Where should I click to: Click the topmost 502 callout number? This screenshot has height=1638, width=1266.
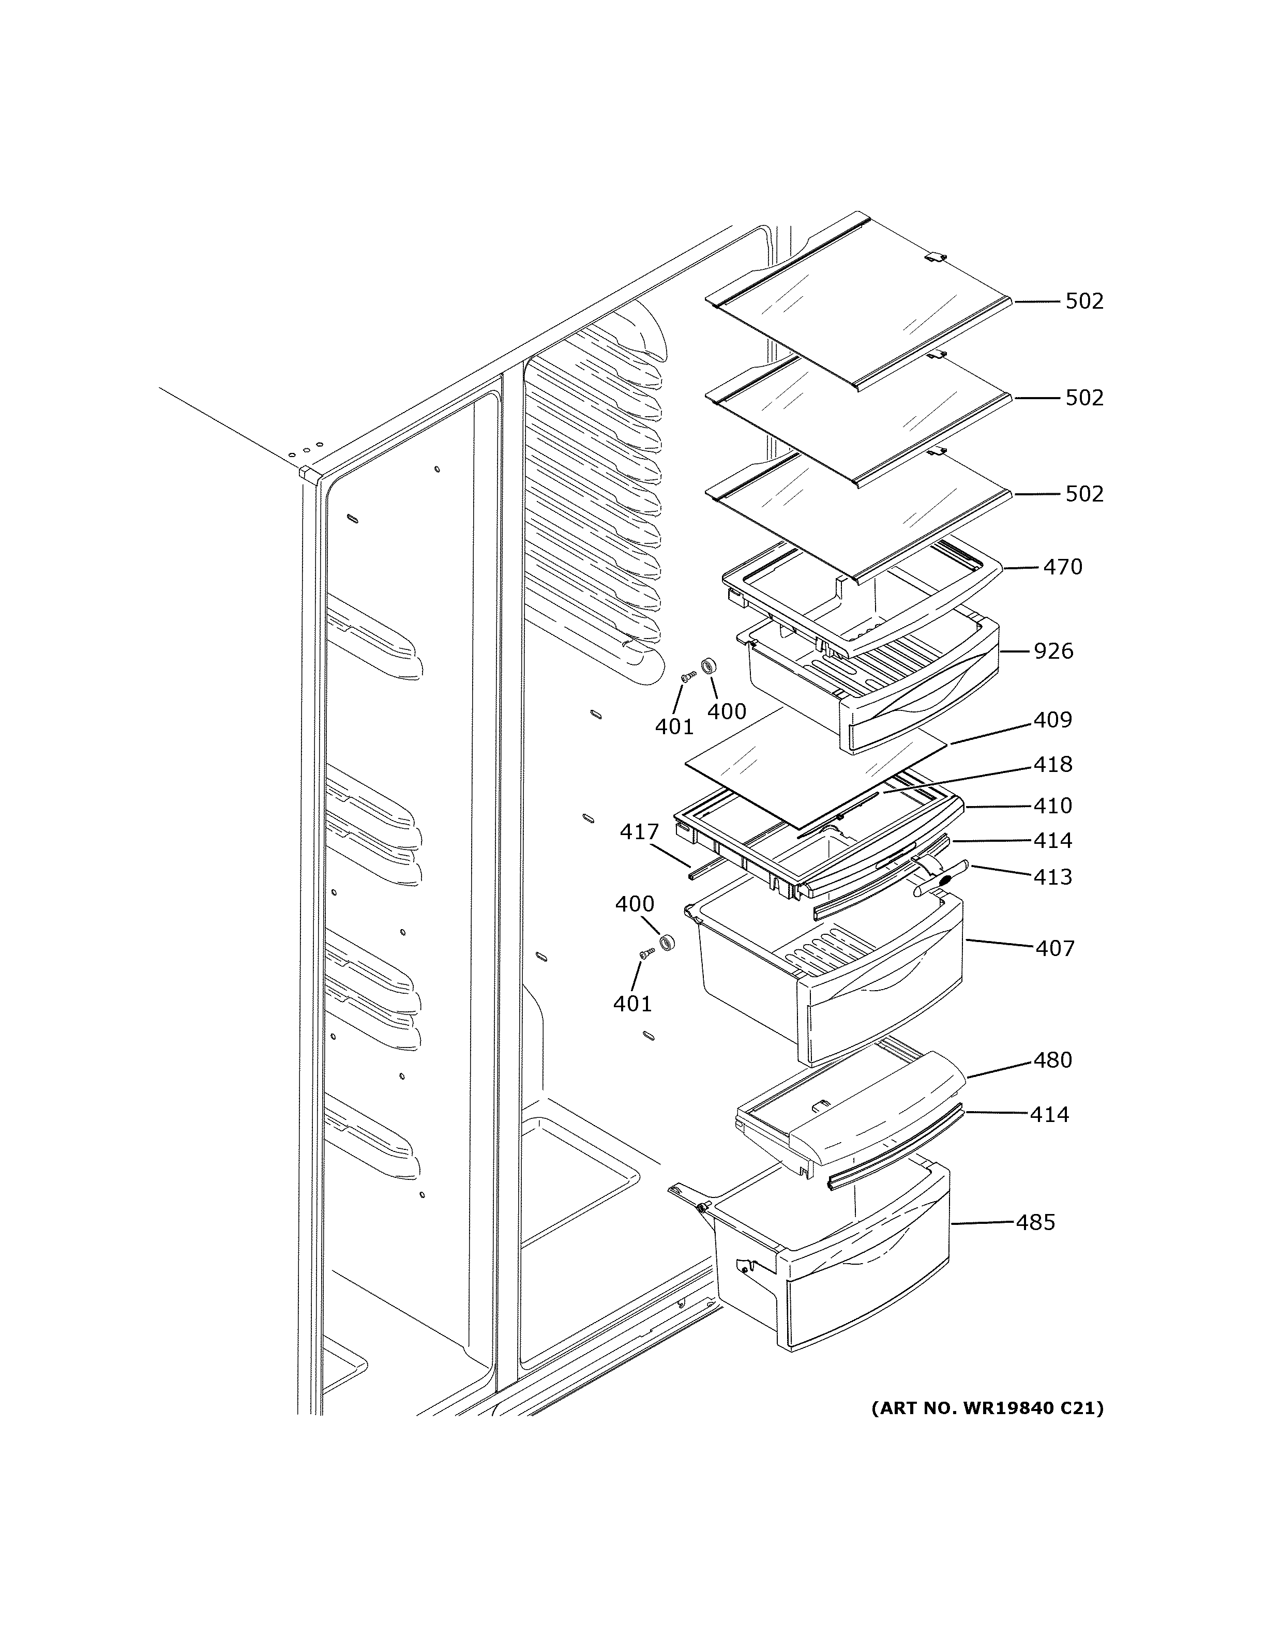click(1084, 301)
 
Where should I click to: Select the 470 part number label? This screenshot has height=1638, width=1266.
click(1063, 567)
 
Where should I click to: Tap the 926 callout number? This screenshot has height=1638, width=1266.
click(1053, 651)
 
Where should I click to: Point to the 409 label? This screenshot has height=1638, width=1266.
click(1053, 720)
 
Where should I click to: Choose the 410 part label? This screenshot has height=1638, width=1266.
click(1053, 806)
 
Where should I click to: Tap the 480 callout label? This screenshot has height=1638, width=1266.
click(1053, 1060)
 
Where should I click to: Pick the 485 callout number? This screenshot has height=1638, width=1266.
click(1036, 1222)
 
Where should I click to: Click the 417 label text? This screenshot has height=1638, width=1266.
click(639, 832)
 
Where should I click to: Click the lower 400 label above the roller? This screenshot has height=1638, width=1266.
click(635, 904)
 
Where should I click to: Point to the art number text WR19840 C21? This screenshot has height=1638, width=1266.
click(987, 1408)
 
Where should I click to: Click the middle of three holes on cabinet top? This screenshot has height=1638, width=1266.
click(306, 451)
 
